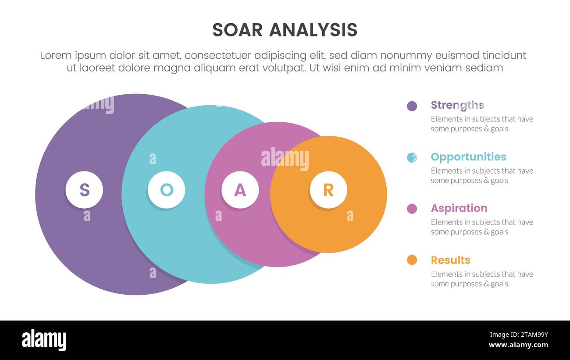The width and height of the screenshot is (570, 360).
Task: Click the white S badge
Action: click(84, 190)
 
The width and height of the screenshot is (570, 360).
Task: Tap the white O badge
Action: click(166, 190)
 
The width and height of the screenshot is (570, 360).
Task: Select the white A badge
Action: click(240, 190)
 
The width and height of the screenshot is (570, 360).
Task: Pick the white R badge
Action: click(328, 190)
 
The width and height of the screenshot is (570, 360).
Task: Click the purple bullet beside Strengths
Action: click(412, 106)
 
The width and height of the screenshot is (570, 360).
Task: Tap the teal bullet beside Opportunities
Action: click(412, 157)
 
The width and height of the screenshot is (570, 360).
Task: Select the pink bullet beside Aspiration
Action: click(412, 209)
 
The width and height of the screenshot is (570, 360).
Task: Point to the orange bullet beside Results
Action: click(412, 260)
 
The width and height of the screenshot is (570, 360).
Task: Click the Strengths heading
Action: click(457, 105)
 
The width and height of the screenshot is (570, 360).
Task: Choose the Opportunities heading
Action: click(468, 157)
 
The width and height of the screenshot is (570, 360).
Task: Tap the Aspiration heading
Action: click(459, 208)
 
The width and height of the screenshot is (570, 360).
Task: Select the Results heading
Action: click(450, 260)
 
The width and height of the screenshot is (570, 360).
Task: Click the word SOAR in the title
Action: click(237, 30)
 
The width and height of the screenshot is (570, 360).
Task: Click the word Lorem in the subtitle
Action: click(56, 56)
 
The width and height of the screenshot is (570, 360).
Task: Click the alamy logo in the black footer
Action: click(44, 340)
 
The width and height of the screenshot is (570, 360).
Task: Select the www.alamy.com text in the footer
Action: click(518, 345)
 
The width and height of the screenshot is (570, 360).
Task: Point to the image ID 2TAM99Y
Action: click(531, 335)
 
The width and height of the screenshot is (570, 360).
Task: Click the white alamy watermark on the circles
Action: click(285, 159)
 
